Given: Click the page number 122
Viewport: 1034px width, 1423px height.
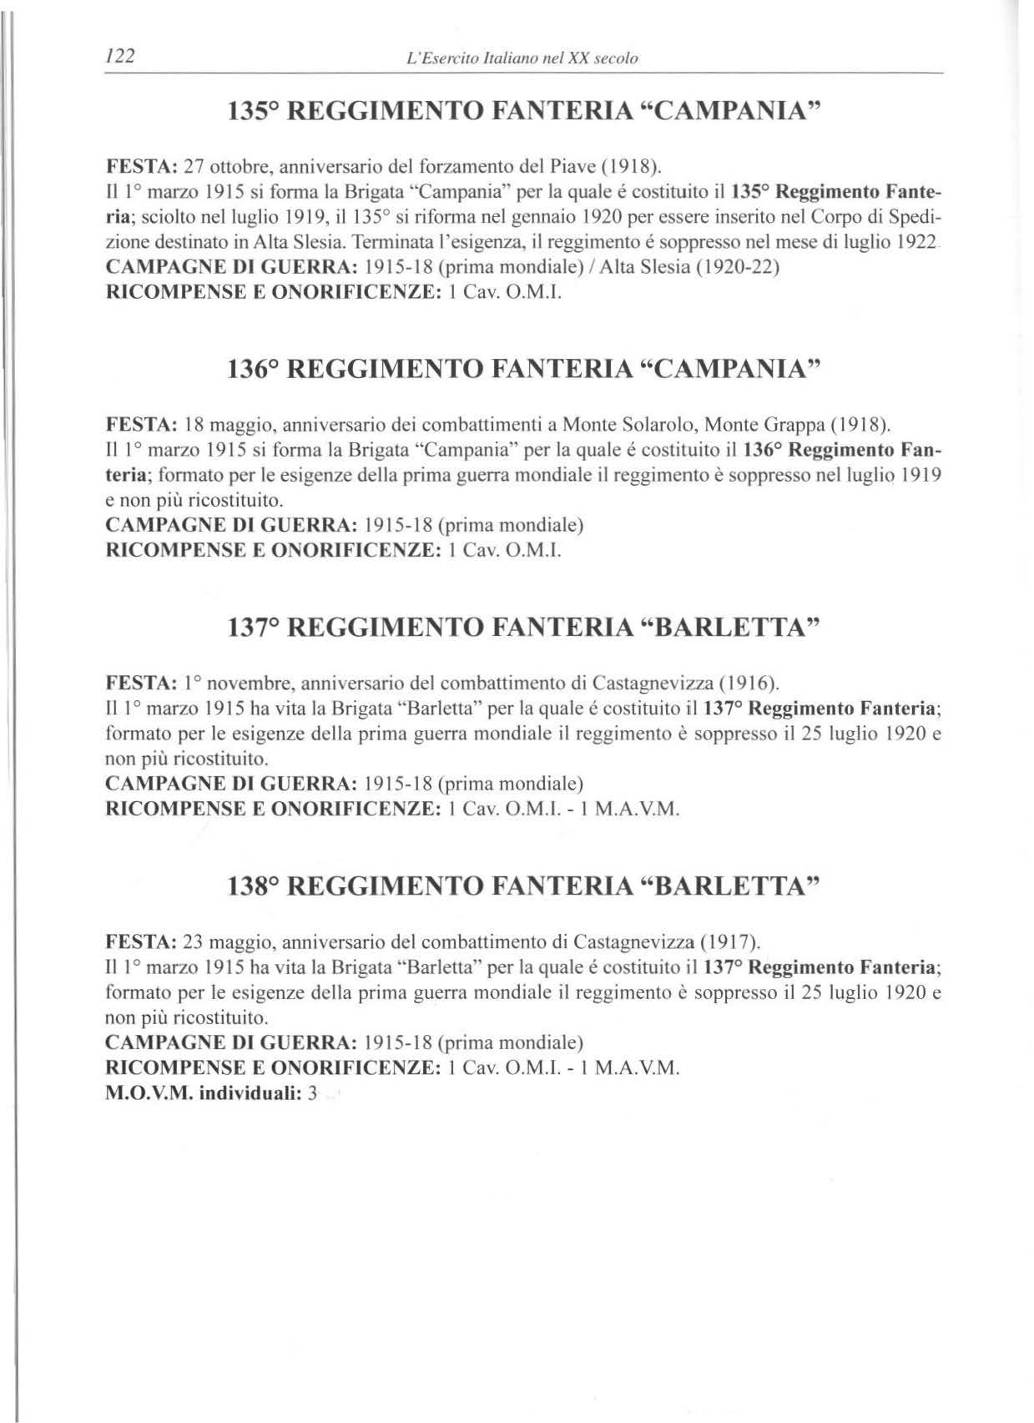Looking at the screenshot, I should [x=119, y=57].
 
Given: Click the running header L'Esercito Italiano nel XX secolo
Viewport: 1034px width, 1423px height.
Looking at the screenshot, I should [x=519, y=58].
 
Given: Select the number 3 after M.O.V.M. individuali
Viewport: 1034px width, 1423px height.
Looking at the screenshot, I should [x=311, y=1093].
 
